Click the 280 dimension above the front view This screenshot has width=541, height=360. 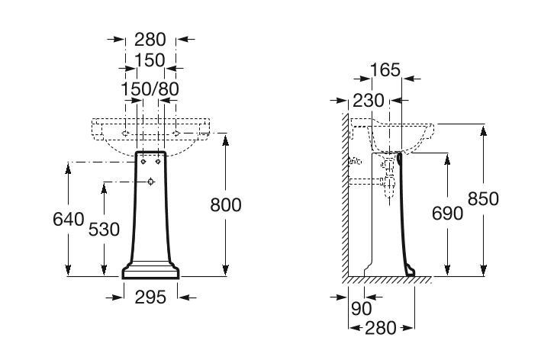pos(150,40)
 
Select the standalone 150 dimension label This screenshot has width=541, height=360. pos(150,60)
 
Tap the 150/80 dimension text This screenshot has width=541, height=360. pos(150,89)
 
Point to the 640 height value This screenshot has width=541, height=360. pos(68,220)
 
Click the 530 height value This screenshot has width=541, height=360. pos(104,229)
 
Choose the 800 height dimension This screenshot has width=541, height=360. pos(225,204)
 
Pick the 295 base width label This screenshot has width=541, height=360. pos(151,297)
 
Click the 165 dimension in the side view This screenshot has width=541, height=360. pos(385,70)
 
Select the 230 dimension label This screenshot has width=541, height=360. pos(368,101)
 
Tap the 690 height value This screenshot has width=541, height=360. pos(447,213)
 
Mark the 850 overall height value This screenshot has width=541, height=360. pos(483,198)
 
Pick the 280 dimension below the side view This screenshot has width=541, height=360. pos(381,328)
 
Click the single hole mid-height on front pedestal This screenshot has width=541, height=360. pos(150,182)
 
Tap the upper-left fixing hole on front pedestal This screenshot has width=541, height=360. pos(144,161)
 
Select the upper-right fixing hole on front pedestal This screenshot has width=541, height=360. pos(158,161)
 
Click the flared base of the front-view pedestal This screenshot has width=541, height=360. pos(150,271)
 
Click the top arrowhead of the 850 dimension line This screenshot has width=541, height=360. pos(483,127)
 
